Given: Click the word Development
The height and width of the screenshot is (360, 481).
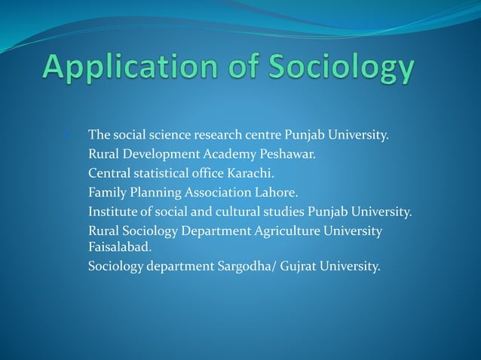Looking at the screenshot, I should [158, 154].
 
